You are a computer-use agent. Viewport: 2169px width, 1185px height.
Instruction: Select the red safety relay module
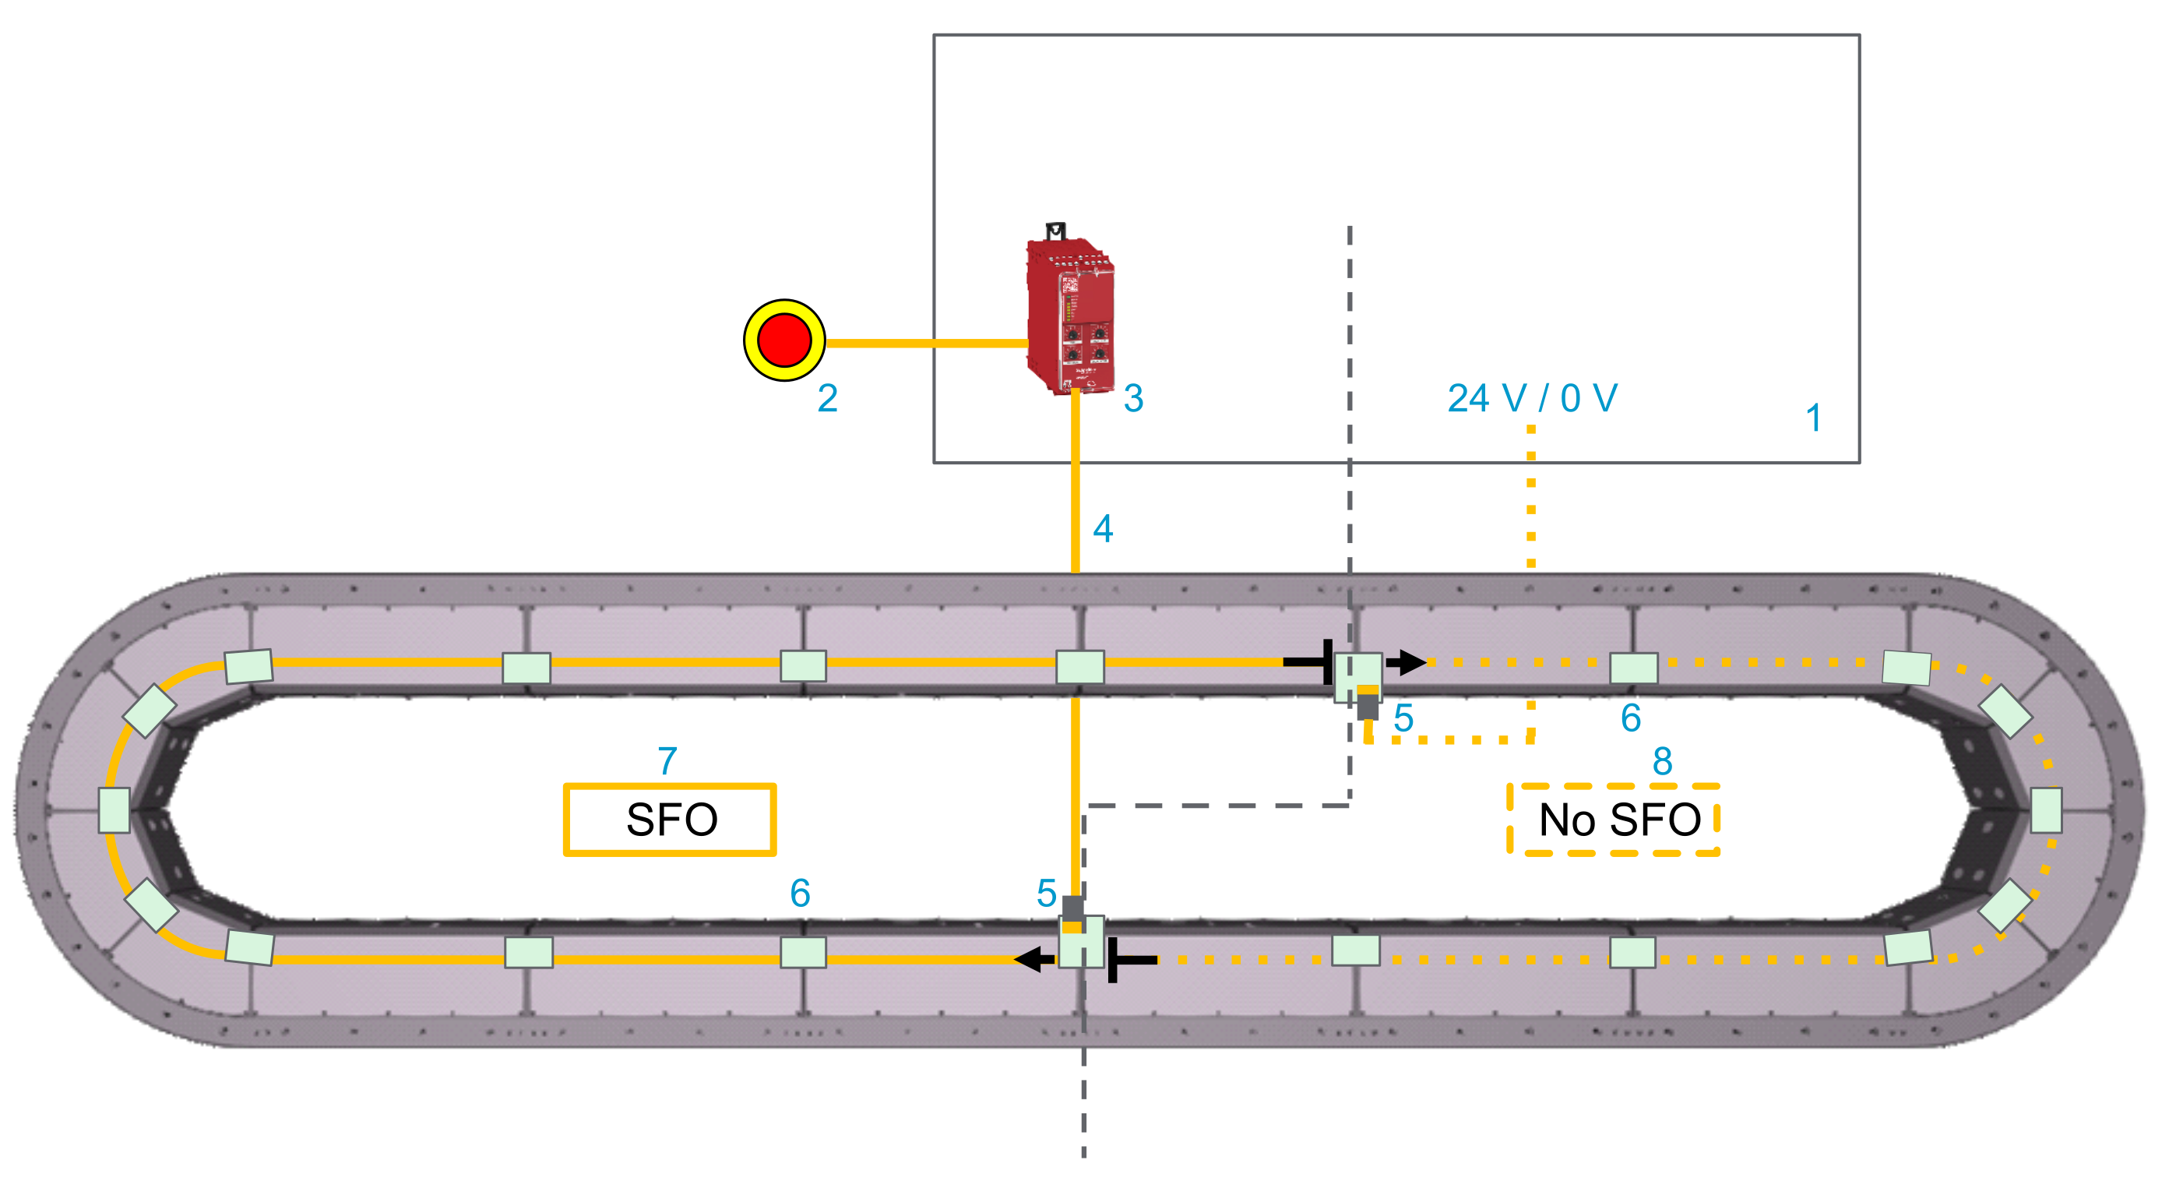click(x=1070, y=316)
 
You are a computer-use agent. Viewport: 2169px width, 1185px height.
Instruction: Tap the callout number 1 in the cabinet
click(x=1814, y=418)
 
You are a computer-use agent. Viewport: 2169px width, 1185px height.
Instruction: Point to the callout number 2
click(x=827, y=397)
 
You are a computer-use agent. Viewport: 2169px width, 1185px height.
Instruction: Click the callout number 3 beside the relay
click(x=1133, y=397)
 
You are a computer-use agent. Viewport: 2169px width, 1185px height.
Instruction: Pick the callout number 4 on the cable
click(x=1102, y=529)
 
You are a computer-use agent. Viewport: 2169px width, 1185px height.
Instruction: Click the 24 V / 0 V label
click(x=1532, y=398)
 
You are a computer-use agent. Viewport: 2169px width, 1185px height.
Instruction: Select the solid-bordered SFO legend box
click(x=670, y=820)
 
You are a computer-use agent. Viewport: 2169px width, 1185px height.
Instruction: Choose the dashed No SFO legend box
click(x=1612, y=820)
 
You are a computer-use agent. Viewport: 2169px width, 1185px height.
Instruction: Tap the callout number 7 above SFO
click(x=667, y=760)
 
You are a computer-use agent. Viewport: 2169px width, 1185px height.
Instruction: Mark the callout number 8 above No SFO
click(x=1661, y=761)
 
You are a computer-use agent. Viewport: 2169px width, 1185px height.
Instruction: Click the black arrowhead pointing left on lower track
click(x=1032, y=958)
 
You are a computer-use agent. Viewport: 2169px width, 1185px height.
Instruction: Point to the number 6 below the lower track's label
click(x=800, y=893)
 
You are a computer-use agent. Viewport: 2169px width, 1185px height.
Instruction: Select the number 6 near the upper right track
click(x=1631, y=718)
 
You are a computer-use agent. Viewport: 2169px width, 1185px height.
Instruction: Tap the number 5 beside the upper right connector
click(x=1403, y=718)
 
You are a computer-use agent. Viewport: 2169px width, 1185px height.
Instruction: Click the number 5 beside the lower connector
click(x=1046, y=893)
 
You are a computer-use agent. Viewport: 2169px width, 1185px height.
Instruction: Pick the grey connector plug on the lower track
click(x=1072, y=908)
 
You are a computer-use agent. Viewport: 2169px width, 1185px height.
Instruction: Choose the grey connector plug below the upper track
click(x=1368, y=706)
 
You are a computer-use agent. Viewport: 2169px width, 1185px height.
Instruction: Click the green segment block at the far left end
click(x=114, y=810)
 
